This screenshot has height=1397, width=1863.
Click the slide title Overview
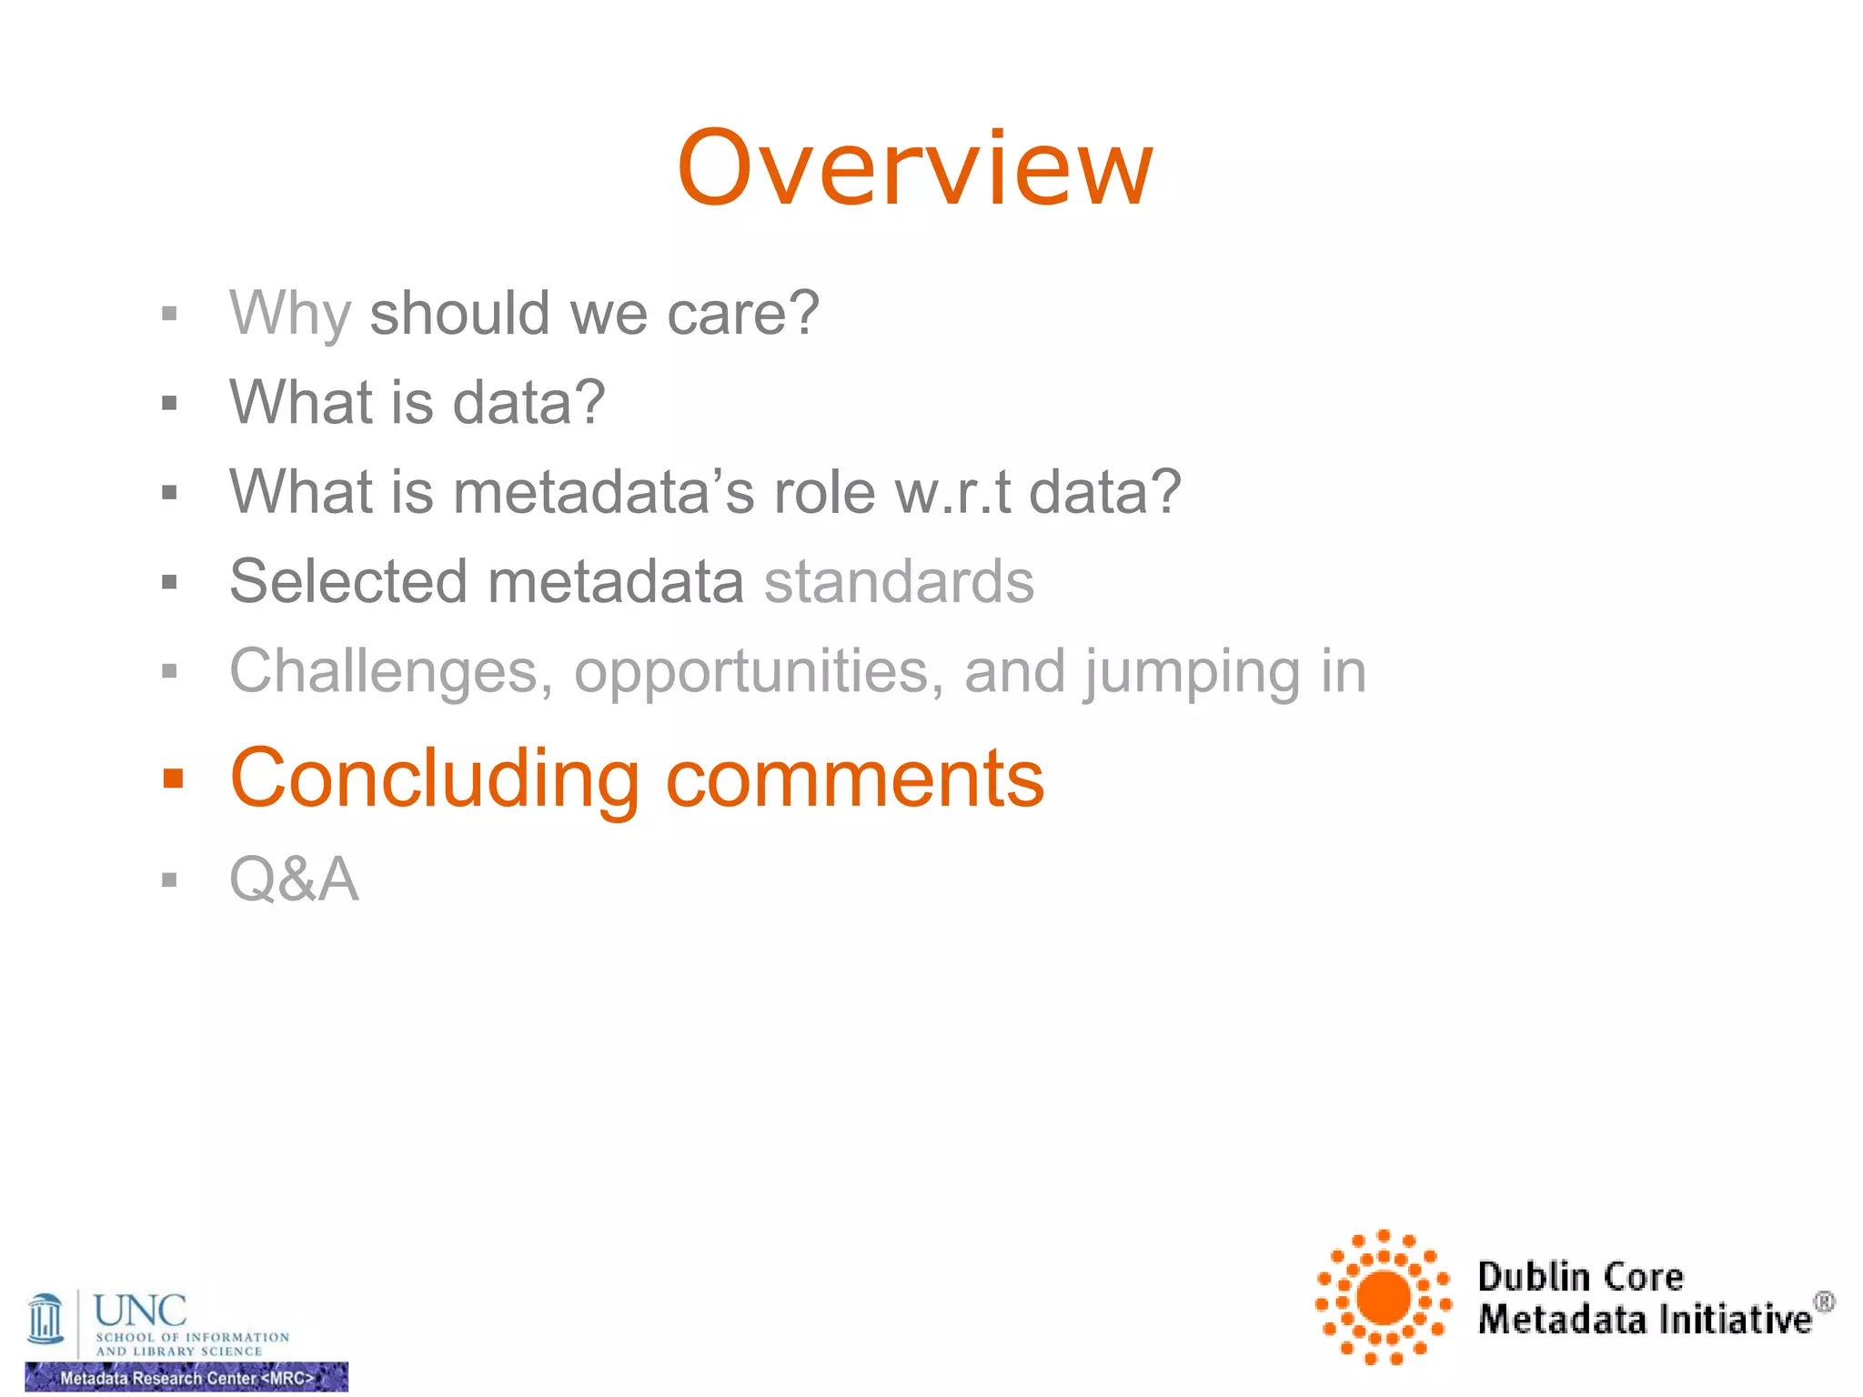click(915, 169)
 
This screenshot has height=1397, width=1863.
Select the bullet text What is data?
click(417, 403)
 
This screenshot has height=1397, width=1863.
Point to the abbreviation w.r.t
click(952, 493)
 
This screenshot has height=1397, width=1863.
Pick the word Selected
click(347, 582)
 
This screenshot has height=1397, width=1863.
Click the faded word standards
click(899, 582)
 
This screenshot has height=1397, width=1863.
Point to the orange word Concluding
click(435, 779)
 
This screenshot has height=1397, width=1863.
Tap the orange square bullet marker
click(173, 779)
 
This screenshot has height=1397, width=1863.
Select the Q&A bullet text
click(294, 879)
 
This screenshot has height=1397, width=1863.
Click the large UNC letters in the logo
click(140, 1311)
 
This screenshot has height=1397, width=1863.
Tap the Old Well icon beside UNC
click(45, 1319)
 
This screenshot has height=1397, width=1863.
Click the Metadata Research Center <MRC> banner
click(186, 1378)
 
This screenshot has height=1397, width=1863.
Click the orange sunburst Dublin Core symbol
click(1383, 1297)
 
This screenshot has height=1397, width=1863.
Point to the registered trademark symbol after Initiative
click(1824, 1302)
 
